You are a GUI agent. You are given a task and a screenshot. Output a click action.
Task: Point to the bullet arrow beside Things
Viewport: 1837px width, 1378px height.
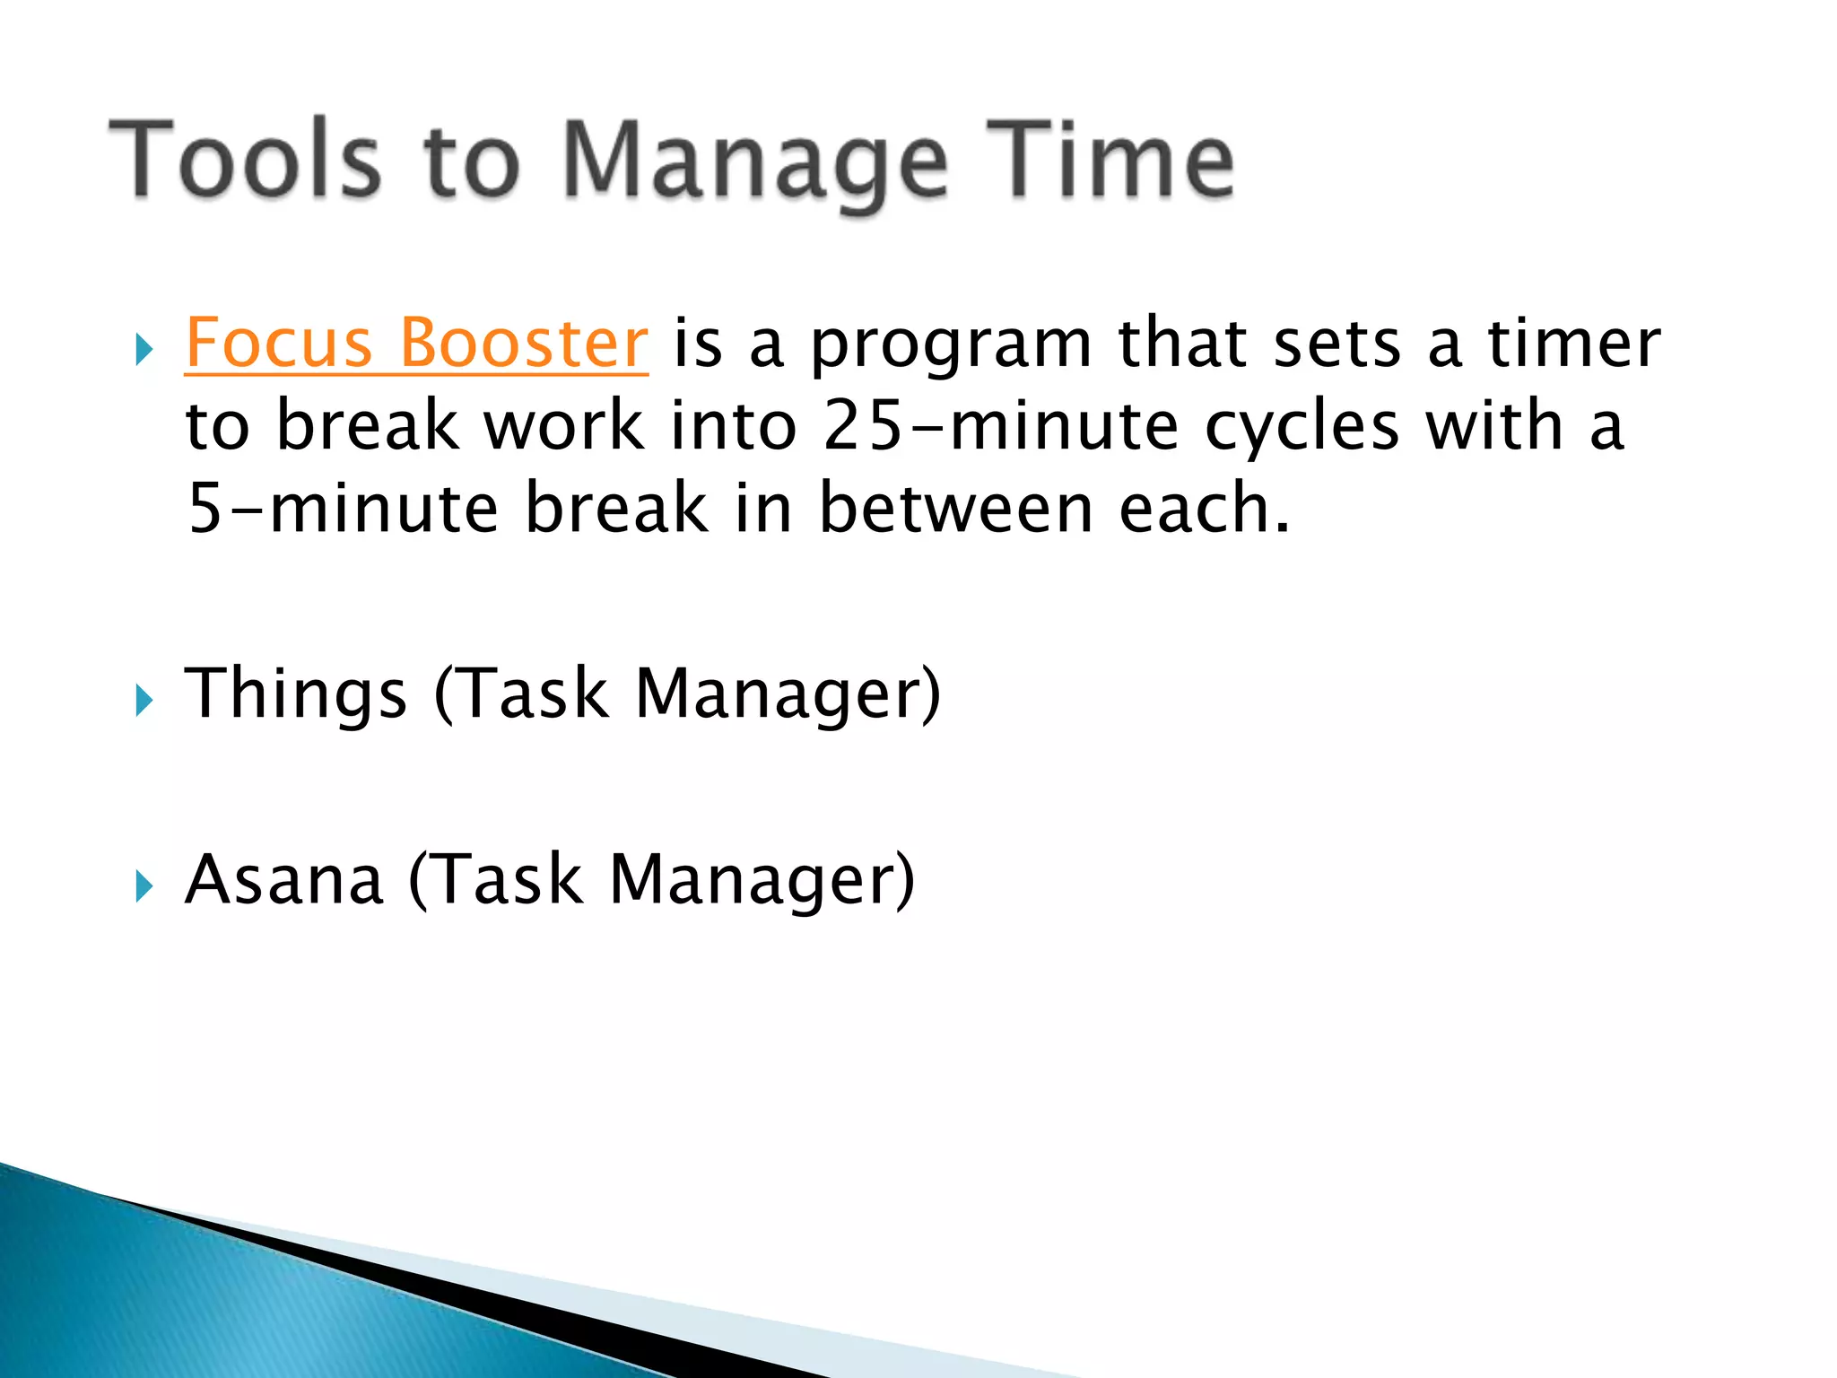click(x=144, y=700)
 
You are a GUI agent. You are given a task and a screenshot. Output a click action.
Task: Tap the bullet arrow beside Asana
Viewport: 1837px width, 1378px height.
click(x=144, y=886)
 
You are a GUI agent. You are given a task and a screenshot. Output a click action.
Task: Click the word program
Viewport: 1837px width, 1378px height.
click(x=951, y=345)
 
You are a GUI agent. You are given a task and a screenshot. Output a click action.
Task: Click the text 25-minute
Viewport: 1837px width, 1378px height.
click(x=1000, y=426)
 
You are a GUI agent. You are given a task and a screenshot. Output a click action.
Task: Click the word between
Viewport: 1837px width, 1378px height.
click(x=955, y=509)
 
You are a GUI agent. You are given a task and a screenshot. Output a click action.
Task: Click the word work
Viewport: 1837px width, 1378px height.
click(x=564, y=426)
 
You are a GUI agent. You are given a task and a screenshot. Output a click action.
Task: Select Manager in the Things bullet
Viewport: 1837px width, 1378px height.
click(x=788, y=694)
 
